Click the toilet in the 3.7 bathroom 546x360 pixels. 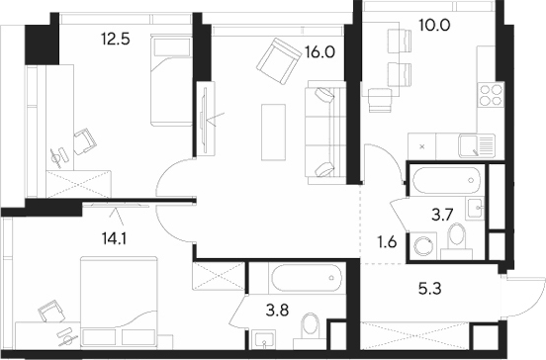click(457, 238)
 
